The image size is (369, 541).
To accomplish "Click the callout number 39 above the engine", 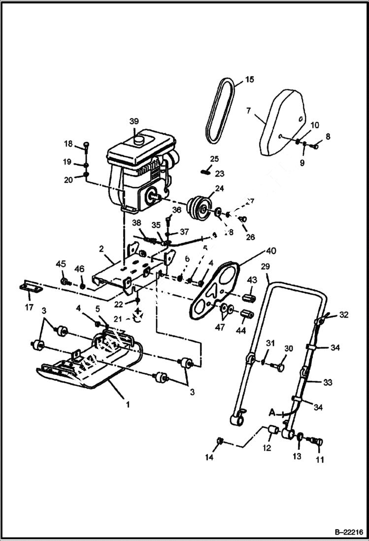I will [x=134, y=121].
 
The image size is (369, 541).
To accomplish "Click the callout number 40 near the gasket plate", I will [x=270, y=251].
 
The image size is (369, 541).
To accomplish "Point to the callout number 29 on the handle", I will [x=266, y=266].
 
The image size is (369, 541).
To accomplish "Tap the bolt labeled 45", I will [x=64, y=282].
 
